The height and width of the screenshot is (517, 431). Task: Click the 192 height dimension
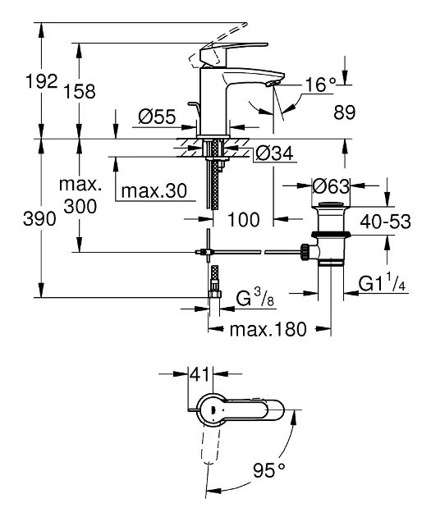click(42, 81)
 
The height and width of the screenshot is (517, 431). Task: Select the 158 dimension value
click(79, 91)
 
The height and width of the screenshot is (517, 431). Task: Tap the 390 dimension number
click(39, 218)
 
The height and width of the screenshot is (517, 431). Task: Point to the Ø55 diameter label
click(157, 117)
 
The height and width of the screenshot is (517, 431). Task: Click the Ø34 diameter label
click(274, 153)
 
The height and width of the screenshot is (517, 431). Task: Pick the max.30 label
click(154, 190)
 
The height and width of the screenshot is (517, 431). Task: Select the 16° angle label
click(320, 85)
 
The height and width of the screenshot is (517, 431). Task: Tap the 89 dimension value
click(345, 112)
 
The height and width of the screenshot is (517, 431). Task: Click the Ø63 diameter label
click(331, 186)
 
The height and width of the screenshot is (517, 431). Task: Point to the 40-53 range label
click(386, 222)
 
